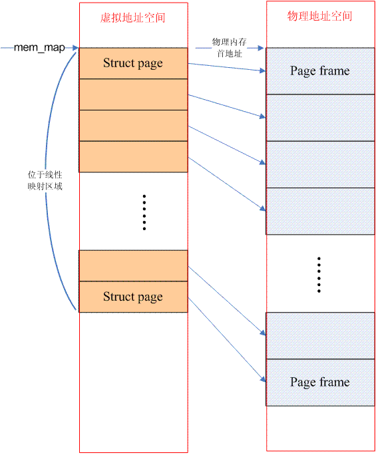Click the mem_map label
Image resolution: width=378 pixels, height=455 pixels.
[x=39, y=48]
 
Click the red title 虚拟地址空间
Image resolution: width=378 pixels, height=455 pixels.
[x=133, y=18]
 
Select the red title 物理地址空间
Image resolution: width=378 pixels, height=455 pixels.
[x=319, y=16]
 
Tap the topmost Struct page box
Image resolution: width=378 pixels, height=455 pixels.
[x=133, y=63]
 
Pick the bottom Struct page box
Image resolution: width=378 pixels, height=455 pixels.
[x=133, y=297]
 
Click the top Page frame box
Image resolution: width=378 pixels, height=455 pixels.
[x=320, y=71]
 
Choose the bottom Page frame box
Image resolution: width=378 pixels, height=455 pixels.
[x=320, y=382]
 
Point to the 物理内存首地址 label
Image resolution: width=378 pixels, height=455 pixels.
[x=230, y=48]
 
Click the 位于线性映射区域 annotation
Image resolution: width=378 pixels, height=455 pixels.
[x=45, y=180]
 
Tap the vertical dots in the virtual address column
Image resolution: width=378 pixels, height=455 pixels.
[x=144, y=212]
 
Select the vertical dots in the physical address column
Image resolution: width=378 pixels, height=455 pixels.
[x=319, y=275]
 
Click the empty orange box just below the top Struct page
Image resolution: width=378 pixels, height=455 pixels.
[x=133, y=94]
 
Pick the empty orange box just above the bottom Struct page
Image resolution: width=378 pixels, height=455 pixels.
[x=133, y=266]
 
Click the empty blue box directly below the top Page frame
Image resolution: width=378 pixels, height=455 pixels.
[x=320, y=118]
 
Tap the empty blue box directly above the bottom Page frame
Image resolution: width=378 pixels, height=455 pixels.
[x=320, y=336]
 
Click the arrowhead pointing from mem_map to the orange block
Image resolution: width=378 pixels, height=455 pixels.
[x=75, y=48]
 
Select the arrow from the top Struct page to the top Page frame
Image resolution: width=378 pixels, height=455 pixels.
[x=227, y=67]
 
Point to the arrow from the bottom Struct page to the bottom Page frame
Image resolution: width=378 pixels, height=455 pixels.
[x=227, y=339]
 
